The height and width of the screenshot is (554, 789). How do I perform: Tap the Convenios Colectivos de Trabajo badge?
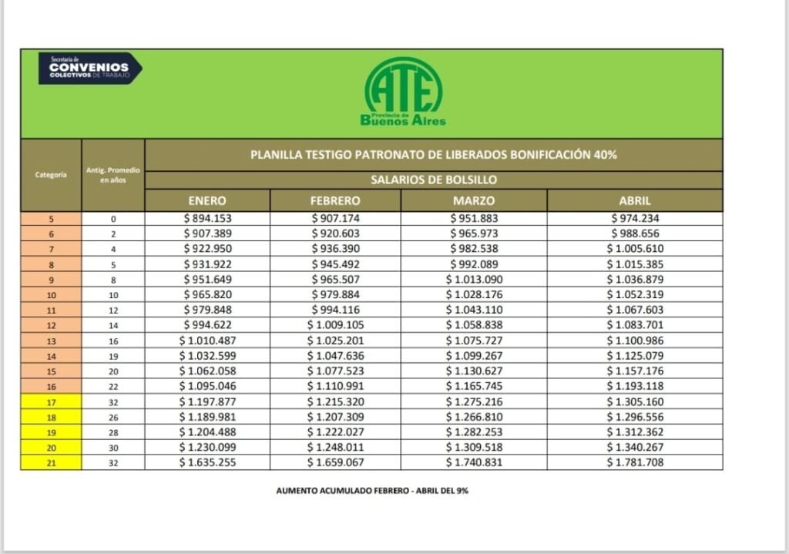[89, 68]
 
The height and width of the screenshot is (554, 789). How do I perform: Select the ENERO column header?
[207, 200]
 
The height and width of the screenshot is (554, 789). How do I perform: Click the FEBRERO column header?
[335, 200]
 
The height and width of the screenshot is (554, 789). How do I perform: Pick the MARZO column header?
[474, 200]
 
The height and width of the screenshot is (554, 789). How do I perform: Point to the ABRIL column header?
[634, 200]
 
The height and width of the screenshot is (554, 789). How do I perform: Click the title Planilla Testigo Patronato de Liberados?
[433, 154]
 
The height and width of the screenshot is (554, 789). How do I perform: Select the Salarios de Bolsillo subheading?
[433, 180]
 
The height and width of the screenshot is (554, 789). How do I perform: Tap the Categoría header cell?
[51, 175]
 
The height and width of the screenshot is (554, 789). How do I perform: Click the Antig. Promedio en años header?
[112, 175]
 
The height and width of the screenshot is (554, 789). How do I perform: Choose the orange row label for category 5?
[51, 218]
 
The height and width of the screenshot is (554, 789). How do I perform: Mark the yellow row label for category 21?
[51, 462]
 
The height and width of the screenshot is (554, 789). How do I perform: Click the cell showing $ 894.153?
[207, 218]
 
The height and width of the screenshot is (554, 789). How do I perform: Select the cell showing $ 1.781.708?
[634, 462]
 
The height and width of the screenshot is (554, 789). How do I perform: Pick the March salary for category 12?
[474, 325]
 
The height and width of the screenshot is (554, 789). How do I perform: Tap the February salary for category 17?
[335, 401]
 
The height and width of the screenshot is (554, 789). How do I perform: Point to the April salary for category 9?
[634, 279]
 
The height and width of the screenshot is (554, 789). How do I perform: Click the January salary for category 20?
[207, 447]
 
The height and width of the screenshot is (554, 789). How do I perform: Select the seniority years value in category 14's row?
[112, 356]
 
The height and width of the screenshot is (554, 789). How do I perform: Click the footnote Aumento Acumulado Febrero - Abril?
[372, 490]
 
